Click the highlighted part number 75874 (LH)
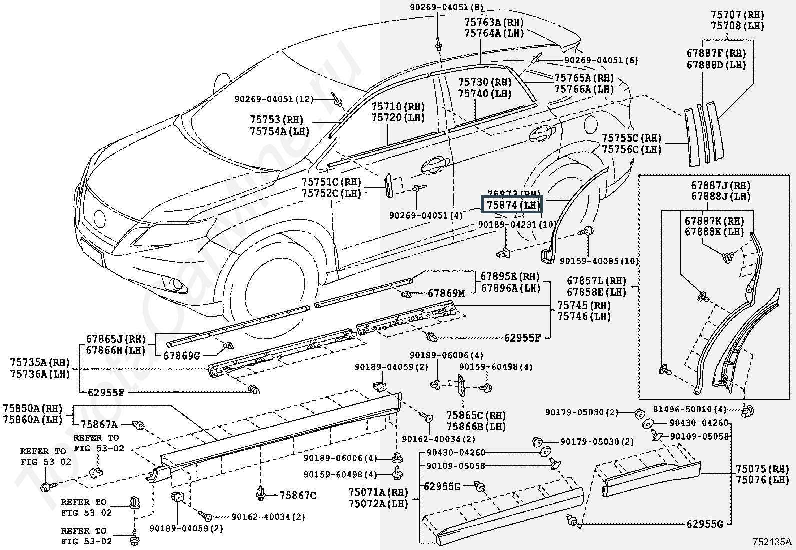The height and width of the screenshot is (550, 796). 511,205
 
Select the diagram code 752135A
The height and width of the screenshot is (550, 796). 772,542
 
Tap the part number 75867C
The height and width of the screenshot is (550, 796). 298,495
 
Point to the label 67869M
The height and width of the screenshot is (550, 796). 446,293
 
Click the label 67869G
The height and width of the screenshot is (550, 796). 182,355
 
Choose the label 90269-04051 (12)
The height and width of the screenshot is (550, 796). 274,99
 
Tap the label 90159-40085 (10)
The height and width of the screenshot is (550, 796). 599,261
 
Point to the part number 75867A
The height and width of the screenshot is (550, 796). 99,425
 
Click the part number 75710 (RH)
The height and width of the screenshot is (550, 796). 398,107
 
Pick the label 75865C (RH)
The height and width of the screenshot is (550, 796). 476,416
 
